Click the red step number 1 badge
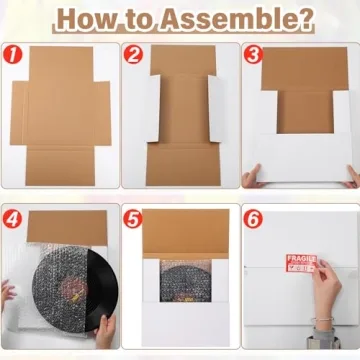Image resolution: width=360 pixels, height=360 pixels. point(14,53)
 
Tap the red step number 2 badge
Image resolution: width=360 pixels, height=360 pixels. point(133,53)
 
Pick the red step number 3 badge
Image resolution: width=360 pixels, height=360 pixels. point(253,53)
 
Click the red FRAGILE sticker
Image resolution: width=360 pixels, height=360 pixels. point(301,264)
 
